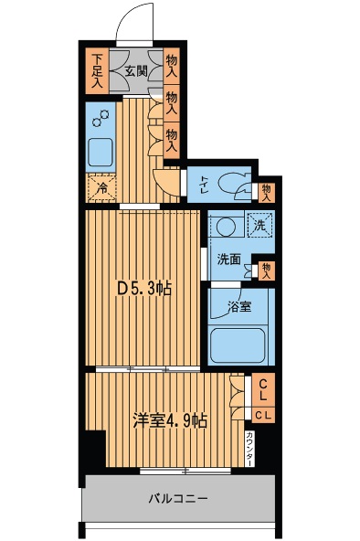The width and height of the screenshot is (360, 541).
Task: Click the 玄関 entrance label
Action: coord(136,71)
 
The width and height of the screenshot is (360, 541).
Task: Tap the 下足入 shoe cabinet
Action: coord(97,71)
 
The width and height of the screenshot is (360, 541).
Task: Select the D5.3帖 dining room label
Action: coord(144,288)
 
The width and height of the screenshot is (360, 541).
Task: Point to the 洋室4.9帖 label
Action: coord(170,420)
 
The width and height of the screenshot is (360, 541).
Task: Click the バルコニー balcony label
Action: coord(178,498)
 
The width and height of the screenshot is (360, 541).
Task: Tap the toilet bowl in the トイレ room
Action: coord(231,182)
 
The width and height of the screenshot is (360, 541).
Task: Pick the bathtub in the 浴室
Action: coord(238,345)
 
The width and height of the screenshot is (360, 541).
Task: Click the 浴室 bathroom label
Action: coord(239,307)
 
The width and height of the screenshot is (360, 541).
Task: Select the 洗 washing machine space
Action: coord(260,226)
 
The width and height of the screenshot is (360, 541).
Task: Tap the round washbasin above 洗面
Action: coord(227,227)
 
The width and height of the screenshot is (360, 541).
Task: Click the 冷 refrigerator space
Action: coord(101,187)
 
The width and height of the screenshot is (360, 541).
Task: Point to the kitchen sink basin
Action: coord(101,153)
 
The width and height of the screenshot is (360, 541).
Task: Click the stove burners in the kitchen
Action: coord(101,117)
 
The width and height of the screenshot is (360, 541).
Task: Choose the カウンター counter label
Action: coord(249,448)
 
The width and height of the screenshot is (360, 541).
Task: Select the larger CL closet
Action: coord(263,390)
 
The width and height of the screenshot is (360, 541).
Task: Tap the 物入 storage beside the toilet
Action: coord(266,193)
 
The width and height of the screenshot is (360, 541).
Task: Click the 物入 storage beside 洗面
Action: coord(266,270)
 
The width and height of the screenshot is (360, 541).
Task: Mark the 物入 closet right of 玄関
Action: coord(172,66)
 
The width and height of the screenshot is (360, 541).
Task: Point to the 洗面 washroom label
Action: coord(228,260)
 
